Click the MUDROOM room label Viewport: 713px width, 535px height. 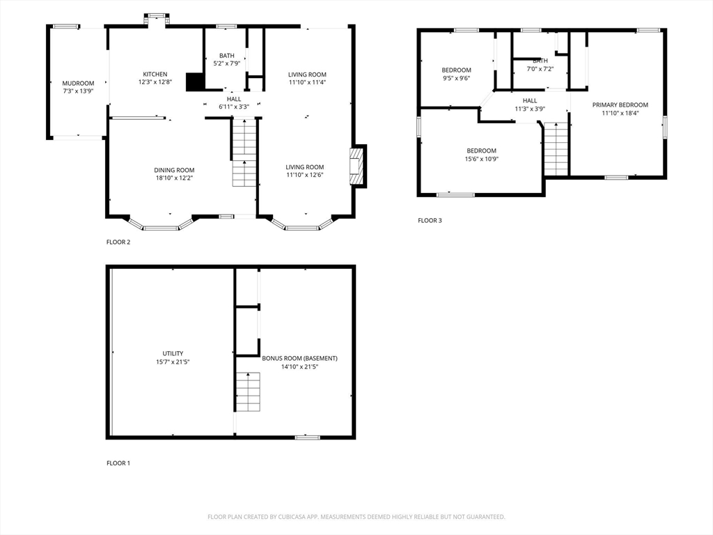tap(78, 84)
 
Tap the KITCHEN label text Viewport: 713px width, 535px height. tap(155, 74)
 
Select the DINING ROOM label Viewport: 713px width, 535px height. tap(174, 170)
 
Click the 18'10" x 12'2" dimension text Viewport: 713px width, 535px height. tap(175, 178)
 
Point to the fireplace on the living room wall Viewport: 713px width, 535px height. tap(358, 166)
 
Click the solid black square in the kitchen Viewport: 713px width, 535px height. tap(195, 82)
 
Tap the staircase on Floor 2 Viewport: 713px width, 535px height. tap(244, 153)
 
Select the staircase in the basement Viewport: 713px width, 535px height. tap(248, 391)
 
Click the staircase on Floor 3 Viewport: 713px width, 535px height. tap(556, 149)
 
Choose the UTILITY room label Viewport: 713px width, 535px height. tap(173, 353)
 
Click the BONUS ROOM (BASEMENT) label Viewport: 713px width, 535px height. tap(299, 359)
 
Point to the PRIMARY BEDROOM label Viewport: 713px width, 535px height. tap(620, 105)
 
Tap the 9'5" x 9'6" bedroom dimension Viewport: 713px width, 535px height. tap(456, 78)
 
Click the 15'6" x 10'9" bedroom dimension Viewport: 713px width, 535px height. tap(482, 159)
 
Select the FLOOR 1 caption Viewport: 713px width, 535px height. tap(118, 463)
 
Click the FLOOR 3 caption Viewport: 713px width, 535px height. tap(430, 221)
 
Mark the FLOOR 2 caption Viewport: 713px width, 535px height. tap(118, 242)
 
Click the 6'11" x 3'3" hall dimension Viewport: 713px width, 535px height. tap(234, 107)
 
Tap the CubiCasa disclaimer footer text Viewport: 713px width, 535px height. tap(356, 517)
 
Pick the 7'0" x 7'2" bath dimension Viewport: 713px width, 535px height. tap(540, 69)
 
